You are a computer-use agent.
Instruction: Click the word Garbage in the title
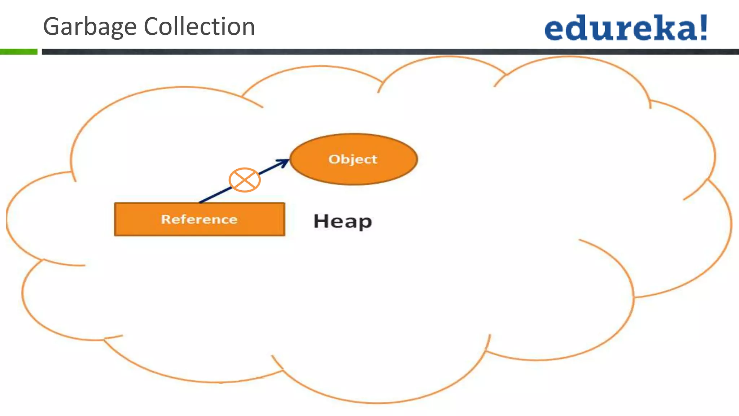pos(89,27)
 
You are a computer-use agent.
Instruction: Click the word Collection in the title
pos(199,27)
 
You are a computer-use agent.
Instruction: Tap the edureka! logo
pos(626,28)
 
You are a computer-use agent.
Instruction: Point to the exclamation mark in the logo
pos(703,27)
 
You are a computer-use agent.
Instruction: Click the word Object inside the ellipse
pos(353,159)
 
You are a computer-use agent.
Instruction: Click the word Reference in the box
pos(199,220)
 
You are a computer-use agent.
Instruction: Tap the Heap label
pos(342,221)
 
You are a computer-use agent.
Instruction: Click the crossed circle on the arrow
pos(245,180)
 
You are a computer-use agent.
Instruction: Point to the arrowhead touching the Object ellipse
pos(285,161)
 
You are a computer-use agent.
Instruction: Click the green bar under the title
pos(18,52)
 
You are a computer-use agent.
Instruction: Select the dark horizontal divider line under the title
pos(390,52)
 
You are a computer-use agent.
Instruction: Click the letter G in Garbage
pos(52,27)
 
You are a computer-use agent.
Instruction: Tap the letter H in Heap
pos(321,221)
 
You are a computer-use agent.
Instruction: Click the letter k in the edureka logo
pos(666,27)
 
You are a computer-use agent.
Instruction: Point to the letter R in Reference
pos(165,220)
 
